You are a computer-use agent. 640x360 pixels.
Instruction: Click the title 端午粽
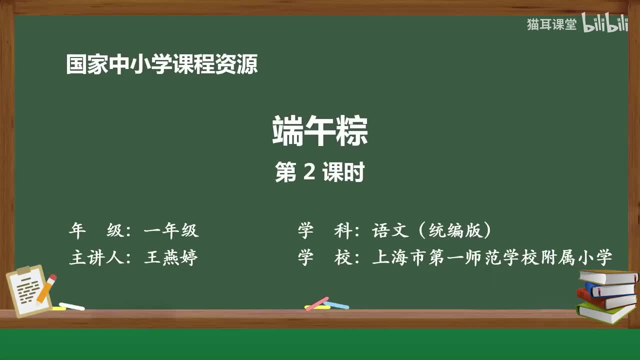320,131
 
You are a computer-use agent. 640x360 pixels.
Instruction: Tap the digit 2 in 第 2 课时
309,172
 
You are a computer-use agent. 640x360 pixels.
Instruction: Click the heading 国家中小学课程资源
162,65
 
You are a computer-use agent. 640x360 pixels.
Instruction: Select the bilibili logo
605,24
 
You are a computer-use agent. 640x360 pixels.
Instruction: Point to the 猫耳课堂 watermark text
551,24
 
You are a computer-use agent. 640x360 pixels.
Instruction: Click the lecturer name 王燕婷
171,257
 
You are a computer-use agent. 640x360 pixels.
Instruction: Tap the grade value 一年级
171,230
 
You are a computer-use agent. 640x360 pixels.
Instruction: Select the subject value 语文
388,230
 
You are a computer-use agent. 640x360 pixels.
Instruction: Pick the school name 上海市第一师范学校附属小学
492,257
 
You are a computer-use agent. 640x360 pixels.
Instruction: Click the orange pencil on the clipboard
46,289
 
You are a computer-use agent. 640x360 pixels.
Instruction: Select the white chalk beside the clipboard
71,306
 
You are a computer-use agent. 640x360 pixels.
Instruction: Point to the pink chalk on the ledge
317,303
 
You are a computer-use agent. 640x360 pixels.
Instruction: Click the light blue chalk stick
336,304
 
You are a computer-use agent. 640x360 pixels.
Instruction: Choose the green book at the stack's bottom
604,312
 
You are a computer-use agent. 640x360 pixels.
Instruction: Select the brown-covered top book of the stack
608,276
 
